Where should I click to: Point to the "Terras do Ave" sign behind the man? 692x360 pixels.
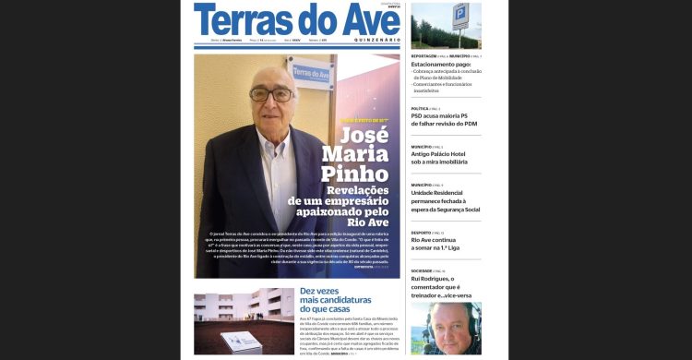[x=312, y=71]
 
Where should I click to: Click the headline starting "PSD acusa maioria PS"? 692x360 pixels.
[x=445, y=116]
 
